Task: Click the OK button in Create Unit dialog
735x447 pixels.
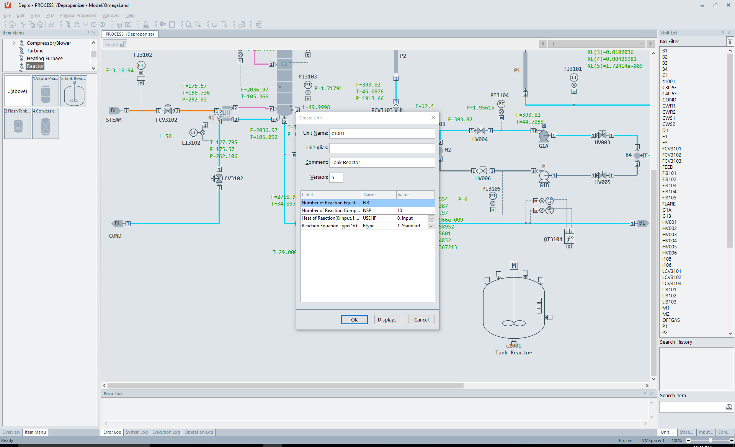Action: (x=354, y=320)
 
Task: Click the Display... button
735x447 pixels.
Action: (x=387, y=320)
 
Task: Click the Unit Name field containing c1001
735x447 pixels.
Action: (x=382, y=134)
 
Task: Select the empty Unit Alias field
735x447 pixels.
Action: (x=382, y=148)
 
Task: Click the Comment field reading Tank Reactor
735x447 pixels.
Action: (x=382, y=163)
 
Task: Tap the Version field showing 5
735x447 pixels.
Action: (x=336, y=177)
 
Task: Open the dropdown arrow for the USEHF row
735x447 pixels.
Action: (x=431, y=218)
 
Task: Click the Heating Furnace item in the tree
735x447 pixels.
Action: (x=44, y=59)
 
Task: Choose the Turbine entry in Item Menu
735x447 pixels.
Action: (x=35, y=51)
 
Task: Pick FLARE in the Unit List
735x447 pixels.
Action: (x=669, y=204)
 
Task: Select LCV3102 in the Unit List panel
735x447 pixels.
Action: (x=671, y=277)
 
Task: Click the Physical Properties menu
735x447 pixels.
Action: (x=78, y=15)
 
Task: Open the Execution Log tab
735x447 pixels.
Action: (x=166, y=432)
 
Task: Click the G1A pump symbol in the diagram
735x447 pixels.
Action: (x=543, y=135)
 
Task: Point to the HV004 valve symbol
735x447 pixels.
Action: (x=481, y=131)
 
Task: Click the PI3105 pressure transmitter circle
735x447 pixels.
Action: (x=493, y=196)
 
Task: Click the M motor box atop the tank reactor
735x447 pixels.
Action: (x=514, y=266)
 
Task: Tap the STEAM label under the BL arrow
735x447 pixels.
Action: (x=114, y=120)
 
